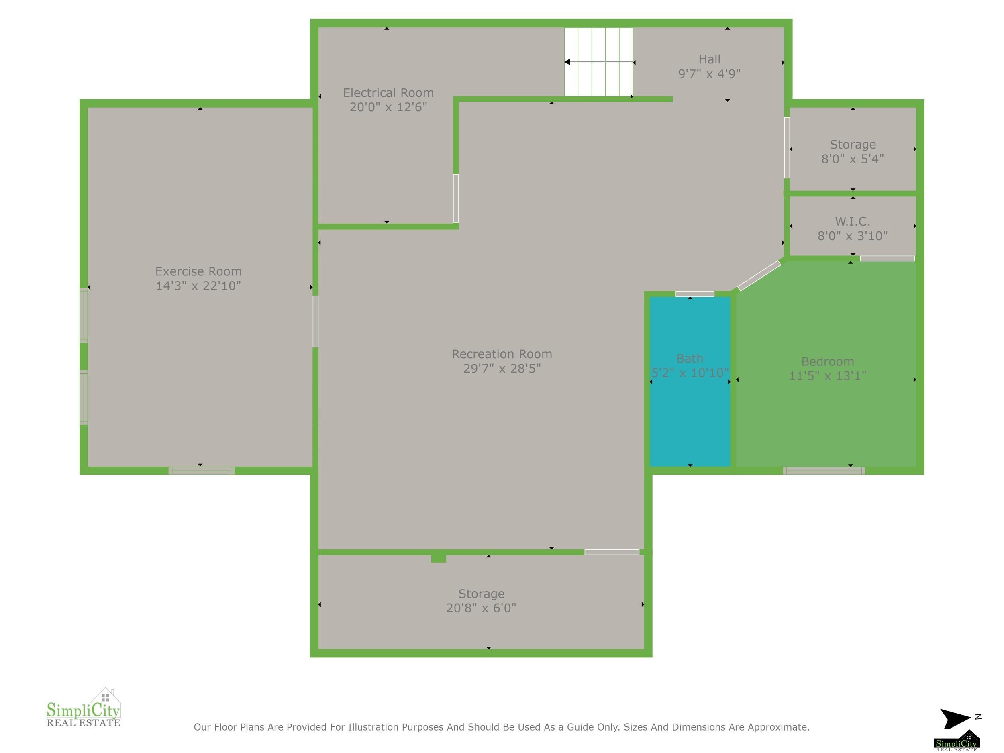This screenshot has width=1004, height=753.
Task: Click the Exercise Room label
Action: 198,271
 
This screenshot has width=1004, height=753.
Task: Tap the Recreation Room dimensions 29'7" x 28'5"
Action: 502,368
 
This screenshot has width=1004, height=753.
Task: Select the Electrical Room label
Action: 388,93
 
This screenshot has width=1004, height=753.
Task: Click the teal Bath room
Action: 690,381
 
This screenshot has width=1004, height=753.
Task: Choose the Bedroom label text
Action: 827,361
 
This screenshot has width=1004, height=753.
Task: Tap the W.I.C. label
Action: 853,222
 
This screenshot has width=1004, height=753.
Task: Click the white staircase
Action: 598,62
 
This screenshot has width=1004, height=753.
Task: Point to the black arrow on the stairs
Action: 599,62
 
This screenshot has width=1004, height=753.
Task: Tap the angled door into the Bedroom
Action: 759,276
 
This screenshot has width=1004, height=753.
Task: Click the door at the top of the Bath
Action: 694,294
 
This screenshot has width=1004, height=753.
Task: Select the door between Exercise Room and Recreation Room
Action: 315,321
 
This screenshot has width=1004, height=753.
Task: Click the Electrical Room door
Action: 456,198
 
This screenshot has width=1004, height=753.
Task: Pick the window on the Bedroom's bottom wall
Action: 824,471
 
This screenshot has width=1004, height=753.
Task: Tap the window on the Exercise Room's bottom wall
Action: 202,471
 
